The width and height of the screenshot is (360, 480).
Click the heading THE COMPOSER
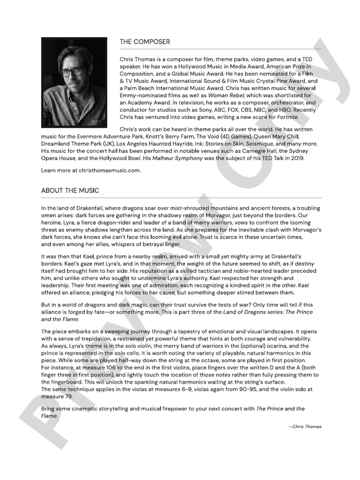point(145,42)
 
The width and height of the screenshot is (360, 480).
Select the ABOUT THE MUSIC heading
point(70,191)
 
